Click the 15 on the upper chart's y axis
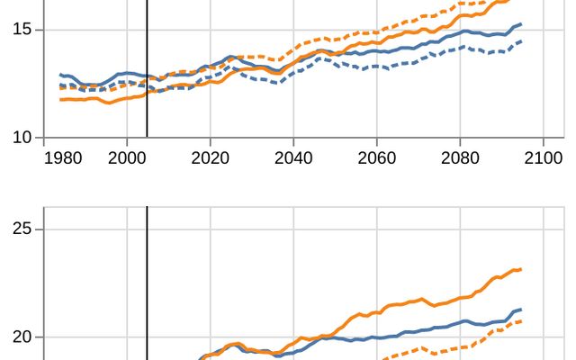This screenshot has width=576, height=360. pos(23,30)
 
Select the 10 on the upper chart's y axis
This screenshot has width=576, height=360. pos(23,138)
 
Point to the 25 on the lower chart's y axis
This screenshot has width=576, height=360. pos(23,229)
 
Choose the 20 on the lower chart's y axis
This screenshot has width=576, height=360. pos(23,337)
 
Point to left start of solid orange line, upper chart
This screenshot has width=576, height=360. pos(60,99)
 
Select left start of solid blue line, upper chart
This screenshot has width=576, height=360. pos(60,75)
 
